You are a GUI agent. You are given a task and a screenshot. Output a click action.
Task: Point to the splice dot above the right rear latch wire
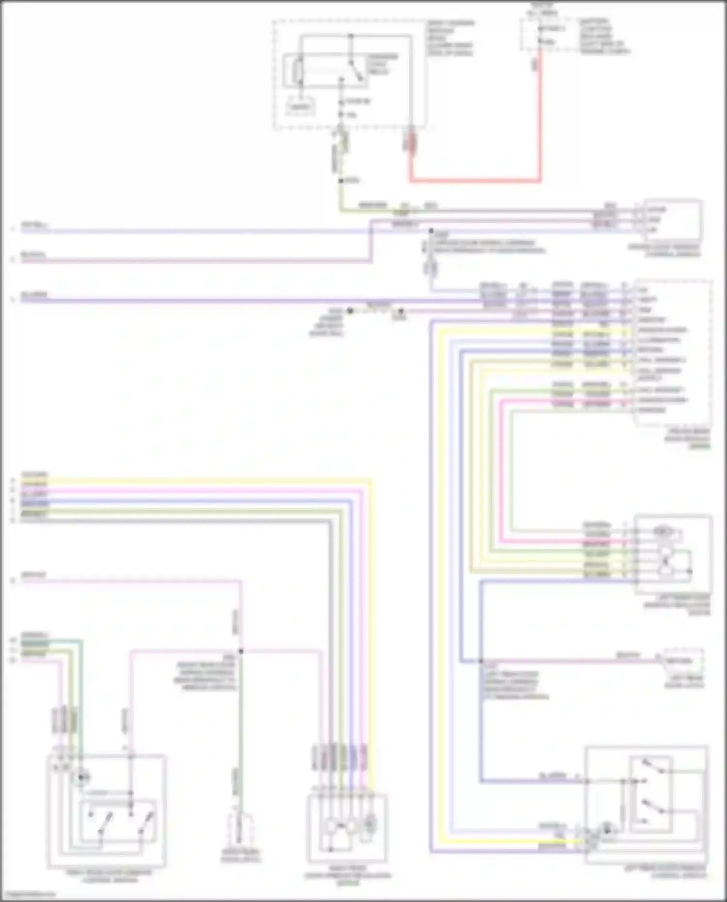click(x=241, y=651)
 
